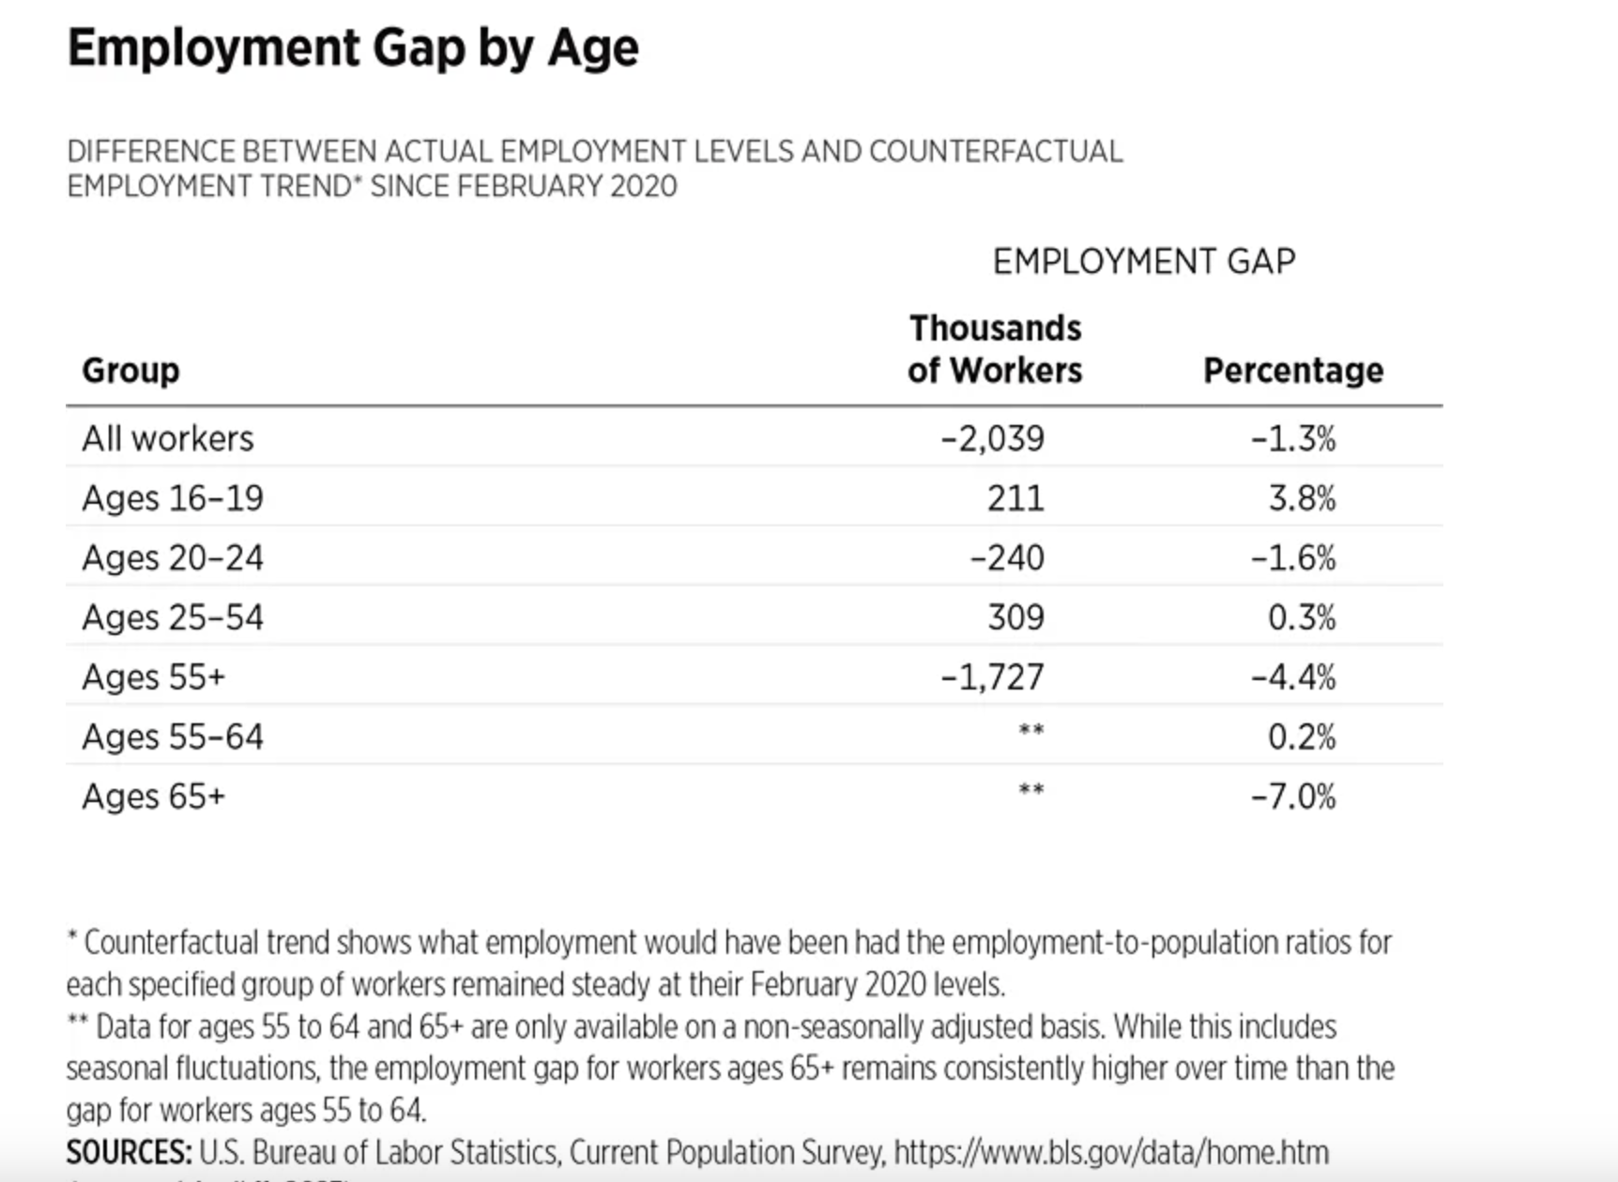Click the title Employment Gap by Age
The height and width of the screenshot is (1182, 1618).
(x=353, y=48)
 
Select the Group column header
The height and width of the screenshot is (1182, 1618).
(x=130, y=371)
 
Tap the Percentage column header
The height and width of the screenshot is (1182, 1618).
(x=1292, y=371)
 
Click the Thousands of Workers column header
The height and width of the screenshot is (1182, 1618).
(x=995, y=349)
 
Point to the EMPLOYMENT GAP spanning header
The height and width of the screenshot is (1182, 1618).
(x=1143, y=261)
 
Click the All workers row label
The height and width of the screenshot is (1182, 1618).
(x=167, y=439)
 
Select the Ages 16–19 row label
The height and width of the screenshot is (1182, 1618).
(x=173, y=498)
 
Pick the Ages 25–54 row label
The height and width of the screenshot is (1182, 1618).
(x=173, y=617)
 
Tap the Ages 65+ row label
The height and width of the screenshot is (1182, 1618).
(x=154, y=796)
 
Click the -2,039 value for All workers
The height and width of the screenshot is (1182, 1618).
(x=992, y=439)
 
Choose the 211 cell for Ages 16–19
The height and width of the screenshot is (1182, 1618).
(x=1015, y=498)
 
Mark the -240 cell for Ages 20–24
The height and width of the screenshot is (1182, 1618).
(x=1006, y=558)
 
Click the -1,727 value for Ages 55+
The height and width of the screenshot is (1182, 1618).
(x=992, y=677)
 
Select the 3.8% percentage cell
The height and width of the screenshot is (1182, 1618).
(x=1302, y=498)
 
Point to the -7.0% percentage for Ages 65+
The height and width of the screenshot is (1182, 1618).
(x=1292, y=796)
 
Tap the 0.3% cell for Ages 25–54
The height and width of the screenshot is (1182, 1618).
(x=1302, y=617)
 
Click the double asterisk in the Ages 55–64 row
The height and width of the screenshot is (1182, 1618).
(x=1030, y=731)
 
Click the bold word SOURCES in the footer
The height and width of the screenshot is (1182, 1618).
(x=129, y=1152)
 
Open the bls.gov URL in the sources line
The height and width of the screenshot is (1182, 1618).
(x=1110, y=1152)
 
